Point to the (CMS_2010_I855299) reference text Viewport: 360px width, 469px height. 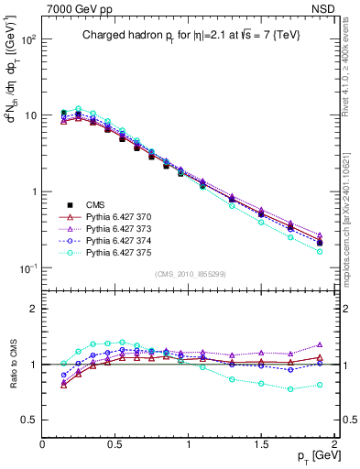[x=190, y=274]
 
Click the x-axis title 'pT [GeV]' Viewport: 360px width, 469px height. [x=316, y=455]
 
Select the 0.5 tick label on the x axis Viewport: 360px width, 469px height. [x=115, y=443]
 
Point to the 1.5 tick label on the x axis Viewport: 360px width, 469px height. [x=261, y=443]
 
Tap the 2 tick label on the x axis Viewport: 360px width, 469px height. [x=334, y=443]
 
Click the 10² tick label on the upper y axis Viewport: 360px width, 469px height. [x=28, y=39]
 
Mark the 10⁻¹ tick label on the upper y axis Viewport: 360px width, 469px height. [x=28, y=267]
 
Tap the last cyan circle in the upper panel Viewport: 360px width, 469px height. [x=320, y=251]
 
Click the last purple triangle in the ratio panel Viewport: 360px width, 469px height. [x=320, y=344]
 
